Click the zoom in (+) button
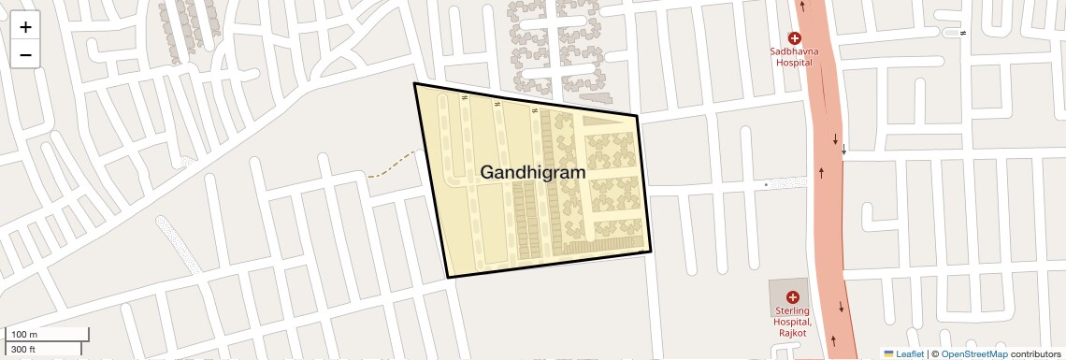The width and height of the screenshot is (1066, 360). tap(25, 27)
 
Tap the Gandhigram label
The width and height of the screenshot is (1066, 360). tap(532, 172)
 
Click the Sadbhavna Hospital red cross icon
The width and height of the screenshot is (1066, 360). tap(794, 38)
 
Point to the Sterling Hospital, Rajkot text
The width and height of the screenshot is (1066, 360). tap(793, 322)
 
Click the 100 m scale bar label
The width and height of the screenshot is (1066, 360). tap(24, 335)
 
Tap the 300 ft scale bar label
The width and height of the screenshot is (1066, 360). tap(23, 349)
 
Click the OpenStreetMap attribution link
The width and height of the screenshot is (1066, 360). tap(973, 353)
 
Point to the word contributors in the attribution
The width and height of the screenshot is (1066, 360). tap(1035, 353)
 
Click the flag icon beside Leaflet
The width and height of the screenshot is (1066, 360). tap(888, 353)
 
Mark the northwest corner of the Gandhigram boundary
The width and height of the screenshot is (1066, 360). tap(414, 83)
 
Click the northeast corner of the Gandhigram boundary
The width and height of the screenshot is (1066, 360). tap(637, 116)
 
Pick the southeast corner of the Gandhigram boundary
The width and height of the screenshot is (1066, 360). tap(651, 252)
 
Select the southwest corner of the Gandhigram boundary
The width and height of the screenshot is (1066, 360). tap(448, 278)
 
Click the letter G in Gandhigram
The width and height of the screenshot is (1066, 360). tap(489, 172)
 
